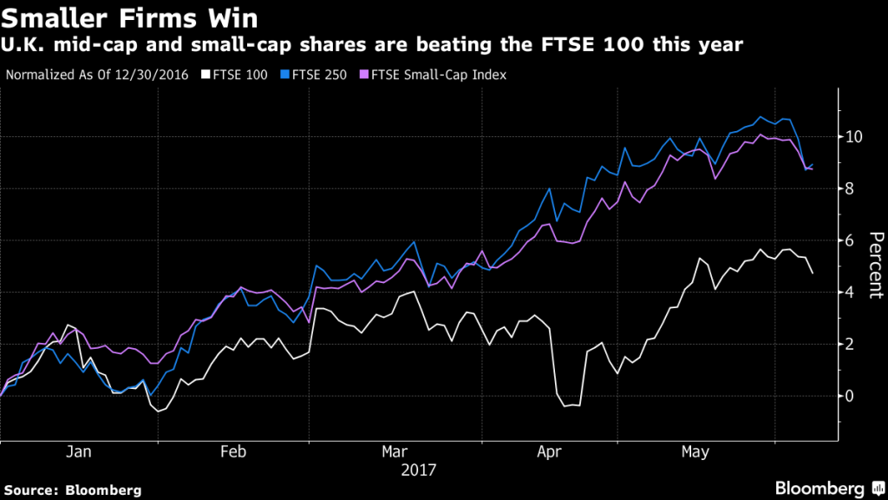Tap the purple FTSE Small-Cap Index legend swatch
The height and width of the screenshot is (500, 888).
point(364,75)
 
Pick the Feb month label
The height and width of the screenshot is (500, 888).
point(234,452)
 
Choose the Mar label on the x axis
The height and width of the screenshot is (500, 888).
point(395,452)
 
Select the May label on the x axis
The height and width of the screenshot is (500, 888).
point(695,452)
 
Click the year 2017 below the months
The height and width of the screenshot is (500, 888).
point(418,470)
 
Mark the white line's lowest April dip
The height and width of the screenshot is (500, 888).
point(565,406)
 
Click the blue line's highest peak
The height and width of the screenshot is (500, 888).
point(761,116)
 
